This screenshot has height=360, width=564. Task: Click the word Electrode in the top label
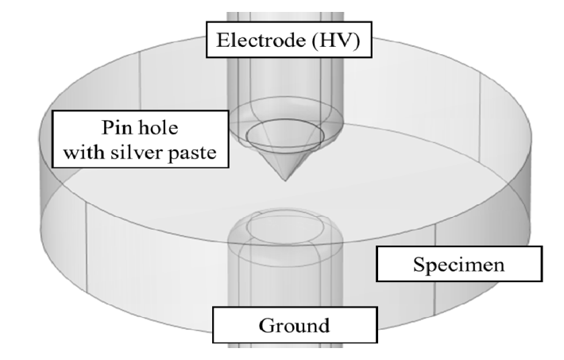261,40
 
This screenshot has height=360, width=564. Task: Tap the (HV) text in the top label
336,40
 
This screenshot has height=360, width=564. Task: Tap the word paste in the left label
192,153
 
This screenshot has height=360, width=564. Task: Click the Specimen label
459,265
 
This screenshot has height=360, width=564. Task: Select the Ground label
294,326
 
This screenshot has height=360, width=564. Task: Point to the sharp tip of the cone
285,180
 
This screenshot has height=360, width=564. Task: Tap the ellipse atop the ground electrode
248,226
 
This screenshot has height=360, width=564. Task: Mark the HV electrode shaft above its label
285,17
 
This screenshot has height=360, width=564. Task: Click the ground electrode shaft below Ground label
285,346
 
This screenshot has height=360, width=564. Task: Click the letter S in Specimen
419,265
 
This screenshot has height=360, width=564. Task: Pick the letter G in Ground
267,326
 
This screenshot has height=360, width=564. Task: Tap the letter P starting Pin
108,127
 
